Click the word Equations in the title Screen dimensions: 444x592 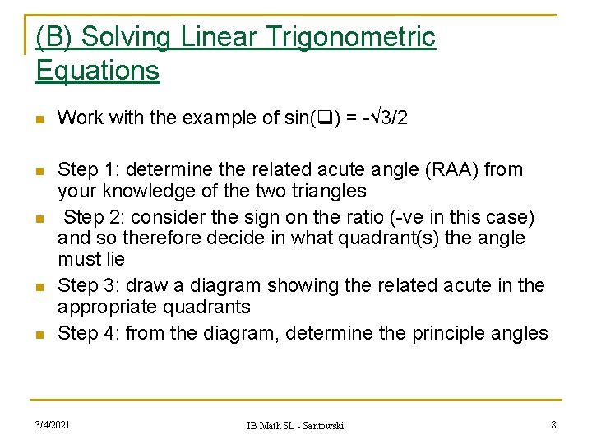click(x=97, y=71)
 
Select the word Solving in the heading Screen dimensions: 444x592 click(x=125, y=37)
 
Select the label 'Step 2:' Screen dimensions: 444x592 click(x=93, y=217)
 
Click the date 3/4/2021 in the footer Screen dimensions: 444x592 click(x=52, y=424)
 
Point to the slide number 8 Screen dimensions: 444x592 click(x=553, y=424)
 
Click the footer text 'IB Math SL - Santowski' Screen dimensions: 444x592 click(x=295, y=425)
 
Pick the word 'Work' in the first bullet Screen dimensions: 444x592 click(x=76, y=118)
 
